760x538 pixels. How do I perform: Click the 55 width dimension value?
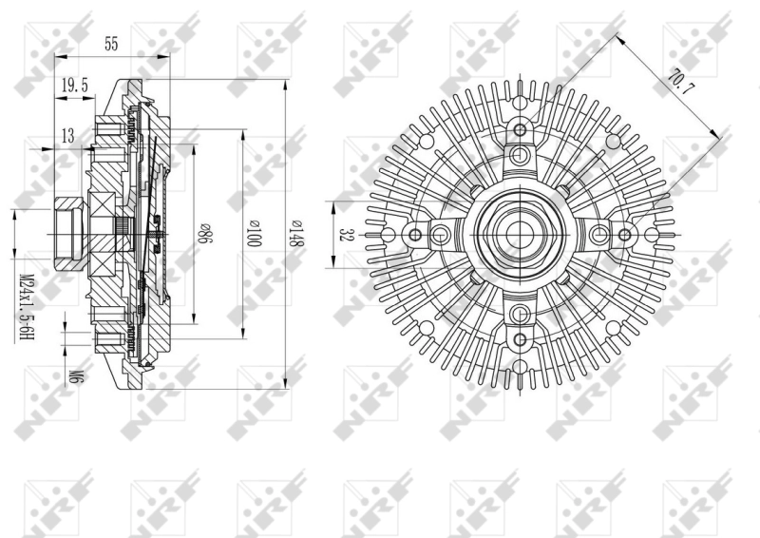point(111,44)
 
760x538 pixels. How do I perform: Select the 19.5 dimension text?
point(75,86)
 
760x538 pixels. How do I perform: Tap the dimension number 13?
point(67,137)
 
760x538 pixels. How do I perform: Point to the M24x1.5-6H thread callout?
point(27,307)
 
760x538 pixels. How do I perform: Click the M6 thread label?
point(74,375)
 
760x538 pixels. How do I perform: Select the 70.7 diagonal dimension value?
point(681,85)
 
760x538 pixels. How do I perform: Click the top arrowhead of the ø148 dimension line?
point(286,85)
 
